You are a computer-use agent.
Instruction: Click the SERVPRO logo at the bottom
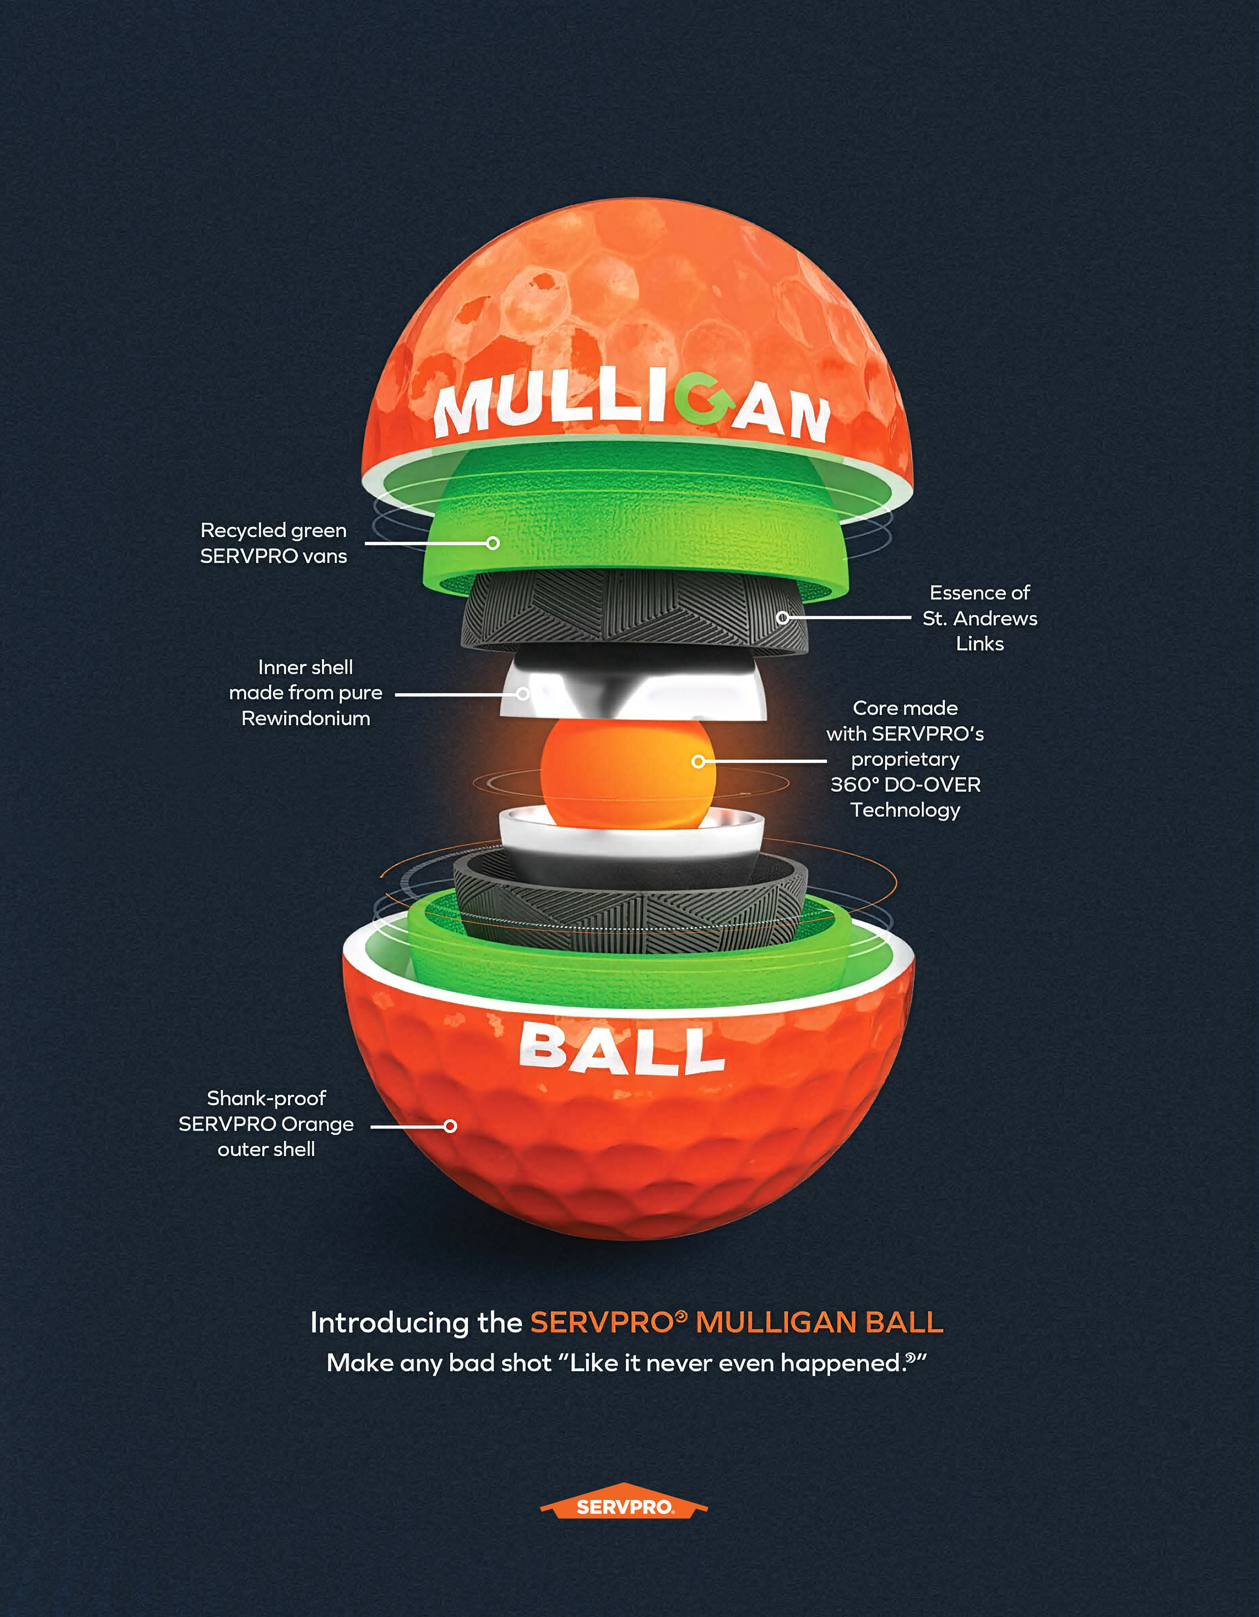click(x=624, y=1506)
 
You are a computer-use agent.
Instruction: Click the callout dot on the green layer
click(x=493, y=543)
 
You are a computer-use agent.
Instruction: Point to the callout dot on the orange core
click(x=698, y=761)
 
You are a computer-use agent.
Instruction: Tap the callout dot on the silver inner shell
click(x=523, y=694)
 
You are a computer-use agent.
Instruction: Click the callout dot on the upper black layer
click(x=782, y=617)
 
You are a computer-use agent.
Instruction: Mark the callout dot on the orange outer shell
click(x=450, y=1126)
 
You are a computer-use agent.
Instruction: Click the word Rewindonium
click(x=306, y=718)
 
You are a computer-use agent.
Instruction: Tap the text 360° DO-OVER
click(x=905, y=785)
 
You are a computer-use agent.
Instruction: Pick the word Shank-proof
click(x=266, y=1098)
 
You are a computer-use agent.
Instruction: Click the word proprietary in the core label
click(x=905, y=760)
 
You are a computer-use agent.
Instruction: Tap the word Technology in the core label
click(x=905, y=810)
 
